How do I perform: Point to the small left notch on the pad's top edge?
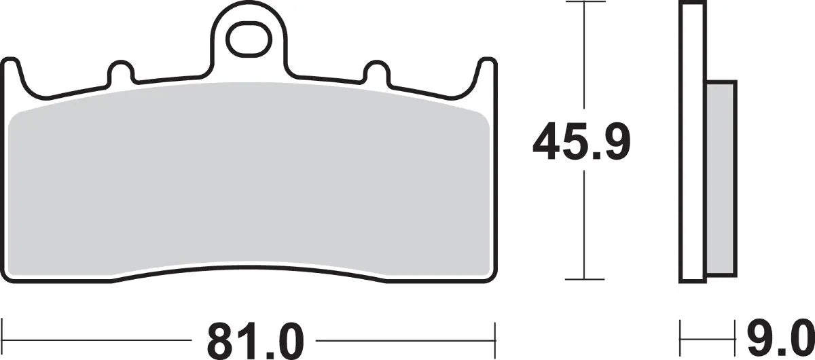(120, 71)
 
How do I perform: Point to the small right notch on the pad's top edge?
(375, 71)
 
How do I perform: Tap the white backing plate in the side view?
(691, 143)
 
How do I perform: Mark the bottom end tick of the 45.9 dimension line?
(585, 279)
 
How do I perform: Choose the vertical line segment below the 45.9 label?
(585, 224)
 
